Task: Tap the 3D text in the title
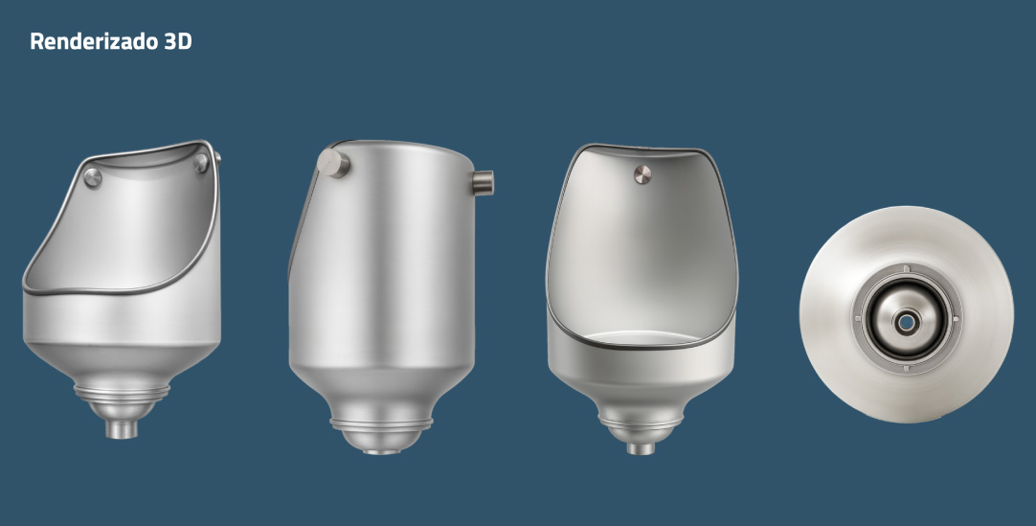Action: tap(178, 41)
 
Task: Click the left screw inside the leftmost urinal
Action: tap(93, 177)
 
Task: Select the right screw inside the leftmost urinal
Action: tap(201, 163)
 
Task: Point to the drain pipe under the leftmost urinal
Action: tap(122, 429)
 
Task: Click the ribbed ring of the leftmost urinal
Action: tap(122, 392)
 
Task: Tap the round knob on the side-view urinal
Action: tap(332, 163)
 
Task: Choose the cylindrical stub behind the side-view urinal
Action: tap(483, 182)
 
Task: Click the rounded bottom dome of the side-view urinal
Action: tap(381, 441)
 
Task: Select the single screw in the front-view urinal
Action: tap(642, 174)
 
